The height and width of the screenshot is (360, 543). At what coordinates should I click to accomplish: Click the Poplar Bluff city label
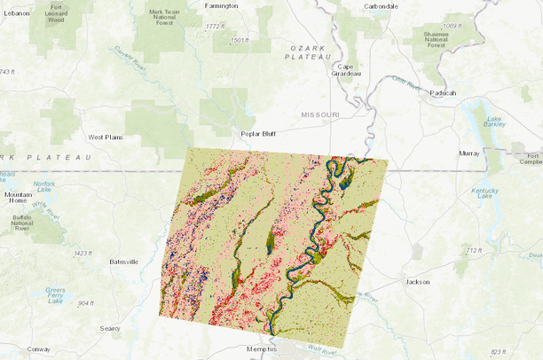pos(260,135)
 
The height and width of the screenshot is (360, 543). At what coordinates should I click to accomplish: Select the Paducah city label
pos(441,92)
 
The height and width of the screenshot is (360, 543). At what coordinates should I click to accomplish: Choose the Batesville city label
pos(123,262)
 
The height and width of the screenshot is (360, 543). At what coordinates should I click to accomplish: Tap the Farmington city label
pos(221,5)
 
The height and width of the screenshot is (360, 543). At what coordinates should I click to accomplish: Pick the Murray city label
pos(469,153)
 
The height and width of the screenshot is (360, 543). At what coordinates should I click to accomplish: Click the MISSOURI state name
pos(320,115)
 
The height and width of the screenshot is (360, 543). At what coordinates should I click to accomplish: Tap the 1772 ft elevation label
pos(215,27)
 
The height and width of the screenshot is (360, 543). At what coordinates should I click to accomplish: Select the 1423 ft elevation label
pos(83,254)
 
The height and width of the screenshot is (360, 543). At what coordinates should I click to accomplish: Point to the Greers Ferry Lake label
pos(55,295)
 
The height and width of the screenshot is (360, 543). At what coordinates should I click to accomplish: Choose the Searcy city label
pos(110,328)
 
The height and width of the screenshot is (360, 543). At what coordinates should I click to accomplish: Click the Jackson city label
pos(417,282)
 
